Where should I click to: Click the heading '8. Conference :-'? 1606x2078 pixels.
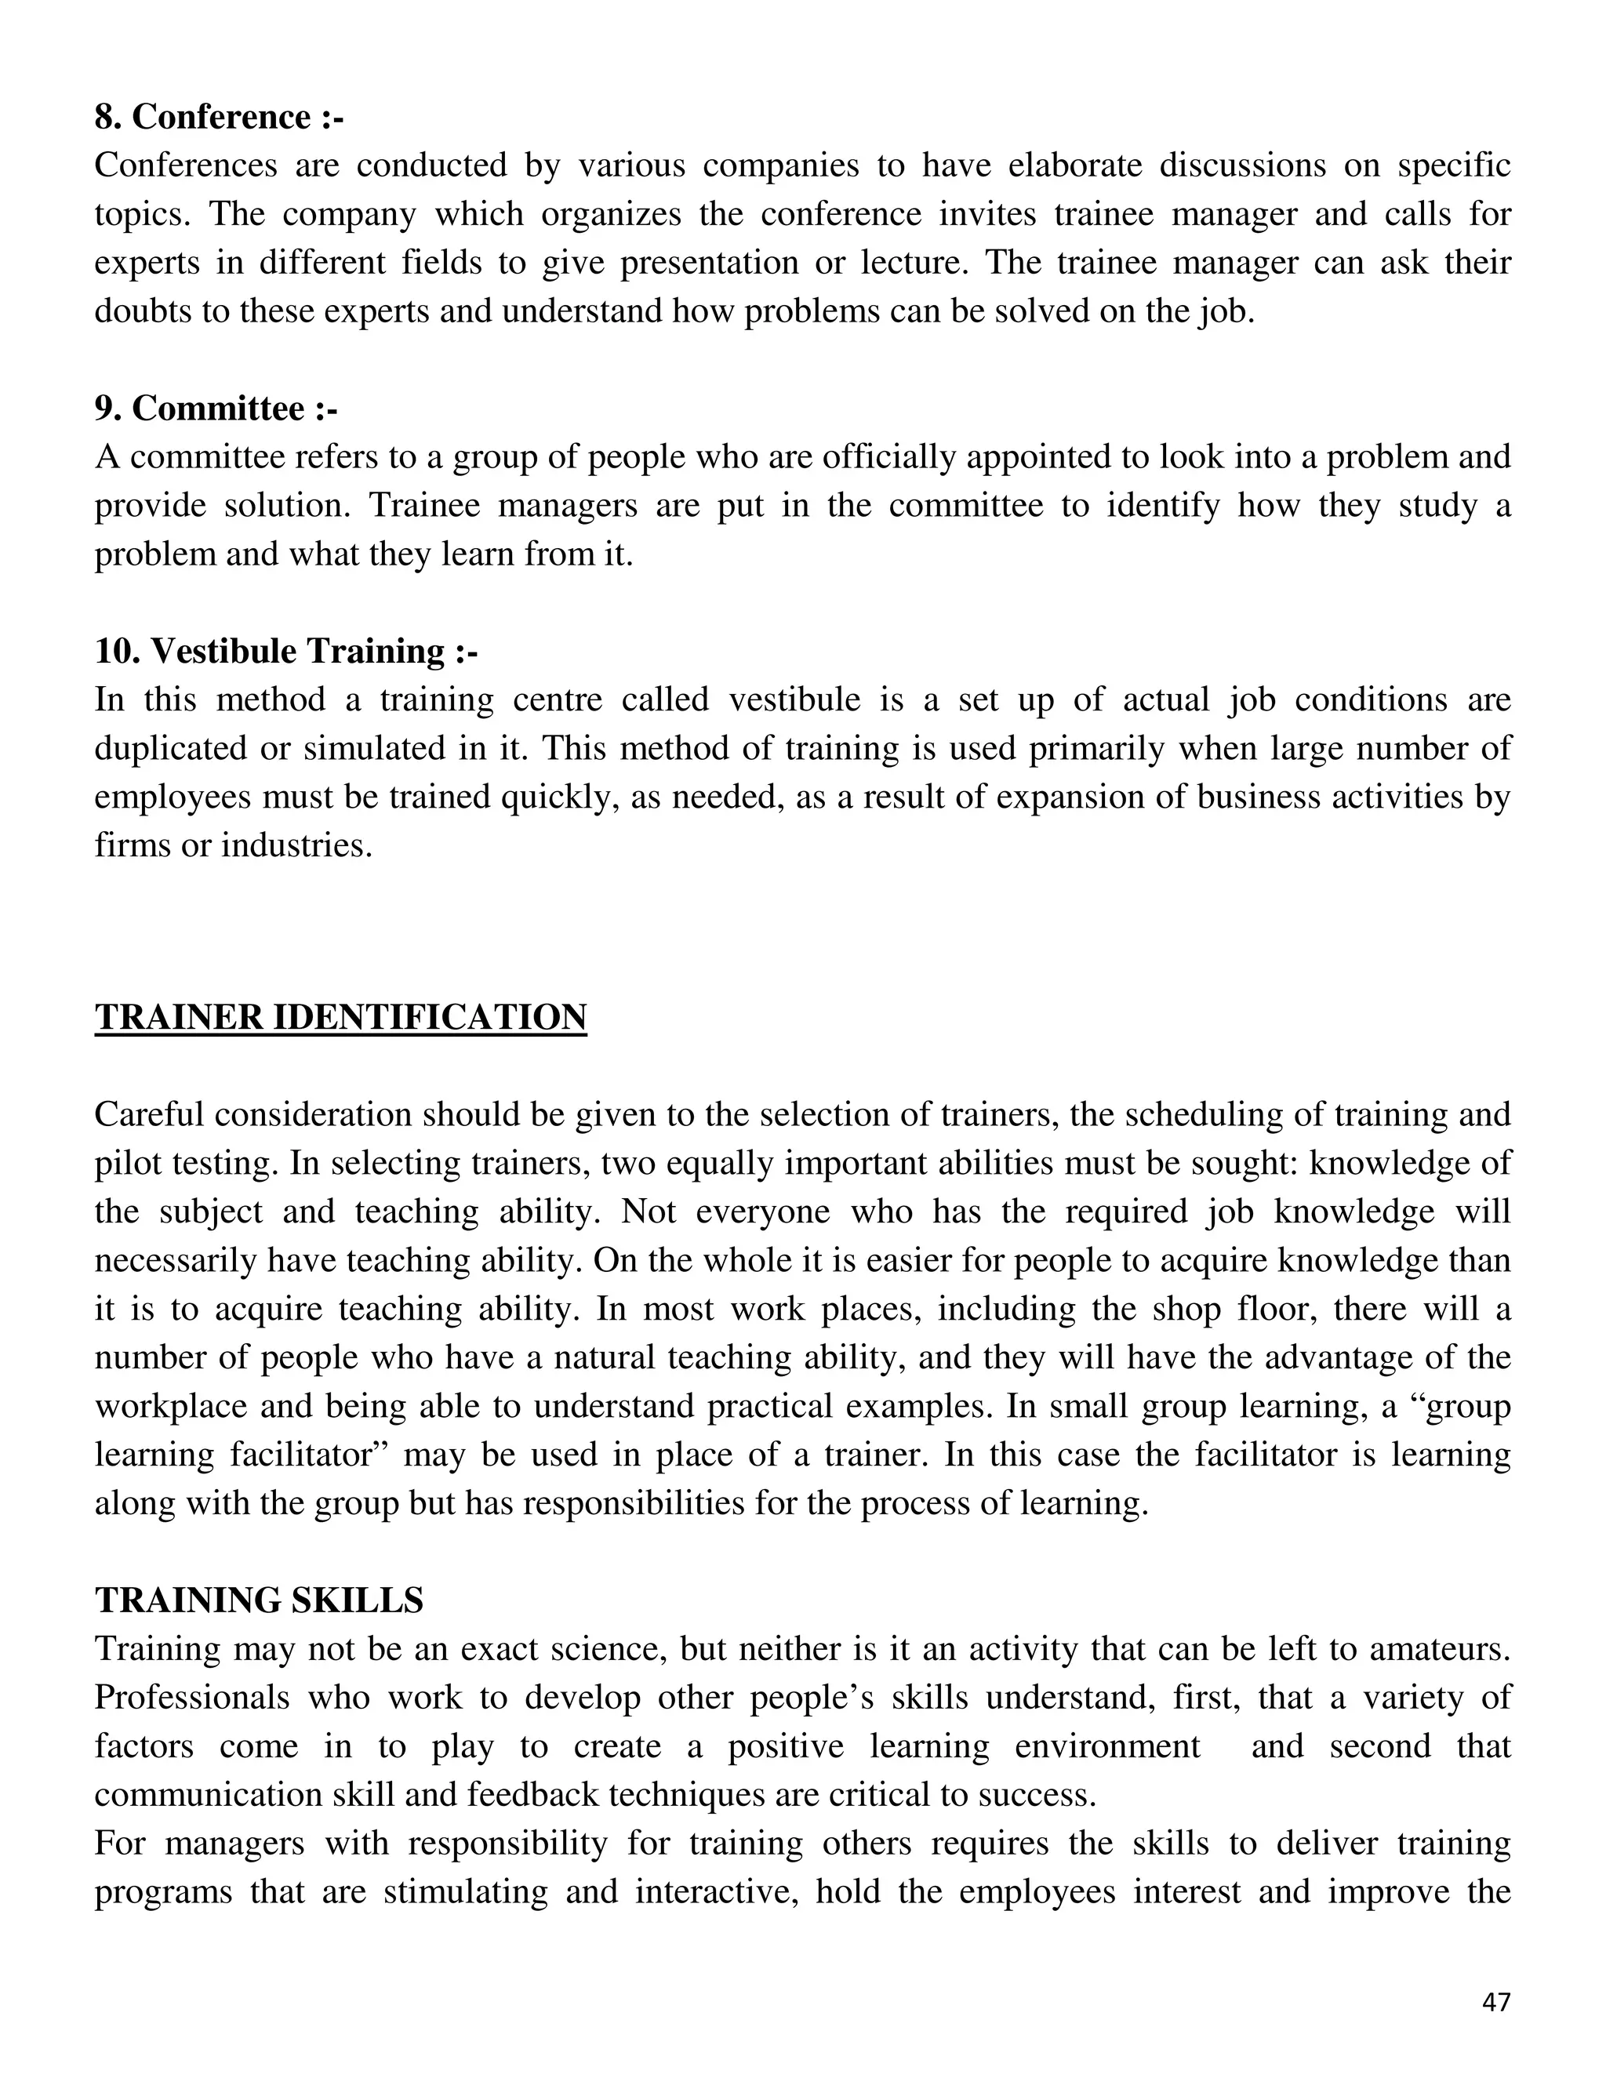[218, 117]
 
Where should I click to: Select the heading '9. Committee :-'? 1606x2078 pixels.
[215, 409]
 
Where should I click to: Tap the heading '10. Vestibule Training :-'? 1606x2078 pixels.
[285, 652]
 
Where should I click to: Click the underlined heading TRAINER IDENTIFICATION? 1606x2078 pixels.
[340, 1017]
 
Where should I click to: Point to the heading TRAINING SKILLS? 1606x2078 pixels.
[259, 1600]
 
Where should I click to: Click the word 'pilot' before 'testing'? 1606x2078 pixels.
[129, 1164]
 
